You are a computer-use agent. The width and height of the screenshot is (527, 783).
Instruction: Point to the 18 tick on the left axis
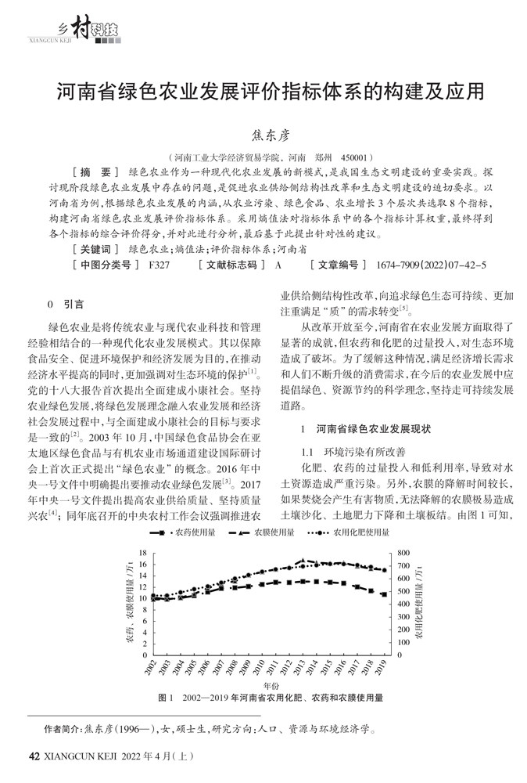coord(142,552)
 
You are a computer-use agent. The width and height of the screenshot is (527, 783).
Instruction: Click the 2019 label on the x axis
coord(383,669)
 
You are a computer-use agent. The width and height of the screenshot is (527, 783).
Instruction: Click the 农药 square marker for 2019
coord(383,594)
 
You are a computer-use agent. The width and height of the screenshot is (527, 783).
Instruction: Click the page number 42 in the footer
coord(33,758)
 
